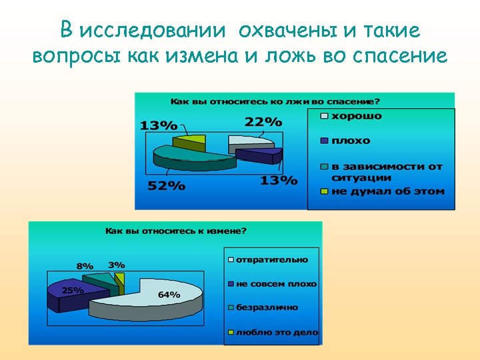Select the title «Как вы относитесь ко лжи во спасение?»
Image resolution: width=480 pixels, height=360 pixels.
(x=275, y=101)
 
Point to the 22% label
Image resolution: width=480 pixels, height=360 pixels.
(x=263, y=121)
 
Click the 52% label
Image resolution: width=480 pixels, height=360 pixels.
(x=166, y=185)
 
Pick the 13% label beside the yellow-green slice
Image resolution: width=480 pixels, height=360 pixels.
(x=159, y=125)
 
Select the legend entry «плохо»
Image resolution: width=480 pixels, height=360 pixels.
(x=351, y=141)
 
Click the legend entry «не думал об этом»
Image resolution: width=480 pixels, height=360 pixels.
(x=387, y=191)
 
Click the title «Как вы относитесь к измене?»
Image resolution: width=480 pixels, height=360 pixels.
(x=175, y=231)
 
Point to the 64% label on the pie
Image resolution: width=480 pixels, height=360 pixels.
(x=169, y=294)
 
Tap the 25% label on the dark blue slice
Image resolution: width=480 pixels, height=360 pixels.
(x=73, y=290)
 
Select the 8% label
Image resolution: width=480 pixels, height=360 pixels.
(x=85, y=265)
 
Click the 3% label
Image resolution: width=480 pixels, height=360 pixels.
(x=117, y=265)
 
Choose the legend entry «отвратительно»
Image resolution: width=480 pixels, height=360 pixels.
(x=271, y=259)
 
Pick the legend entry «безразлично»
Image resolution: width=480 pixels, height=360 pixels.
(x=267, y=307)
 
